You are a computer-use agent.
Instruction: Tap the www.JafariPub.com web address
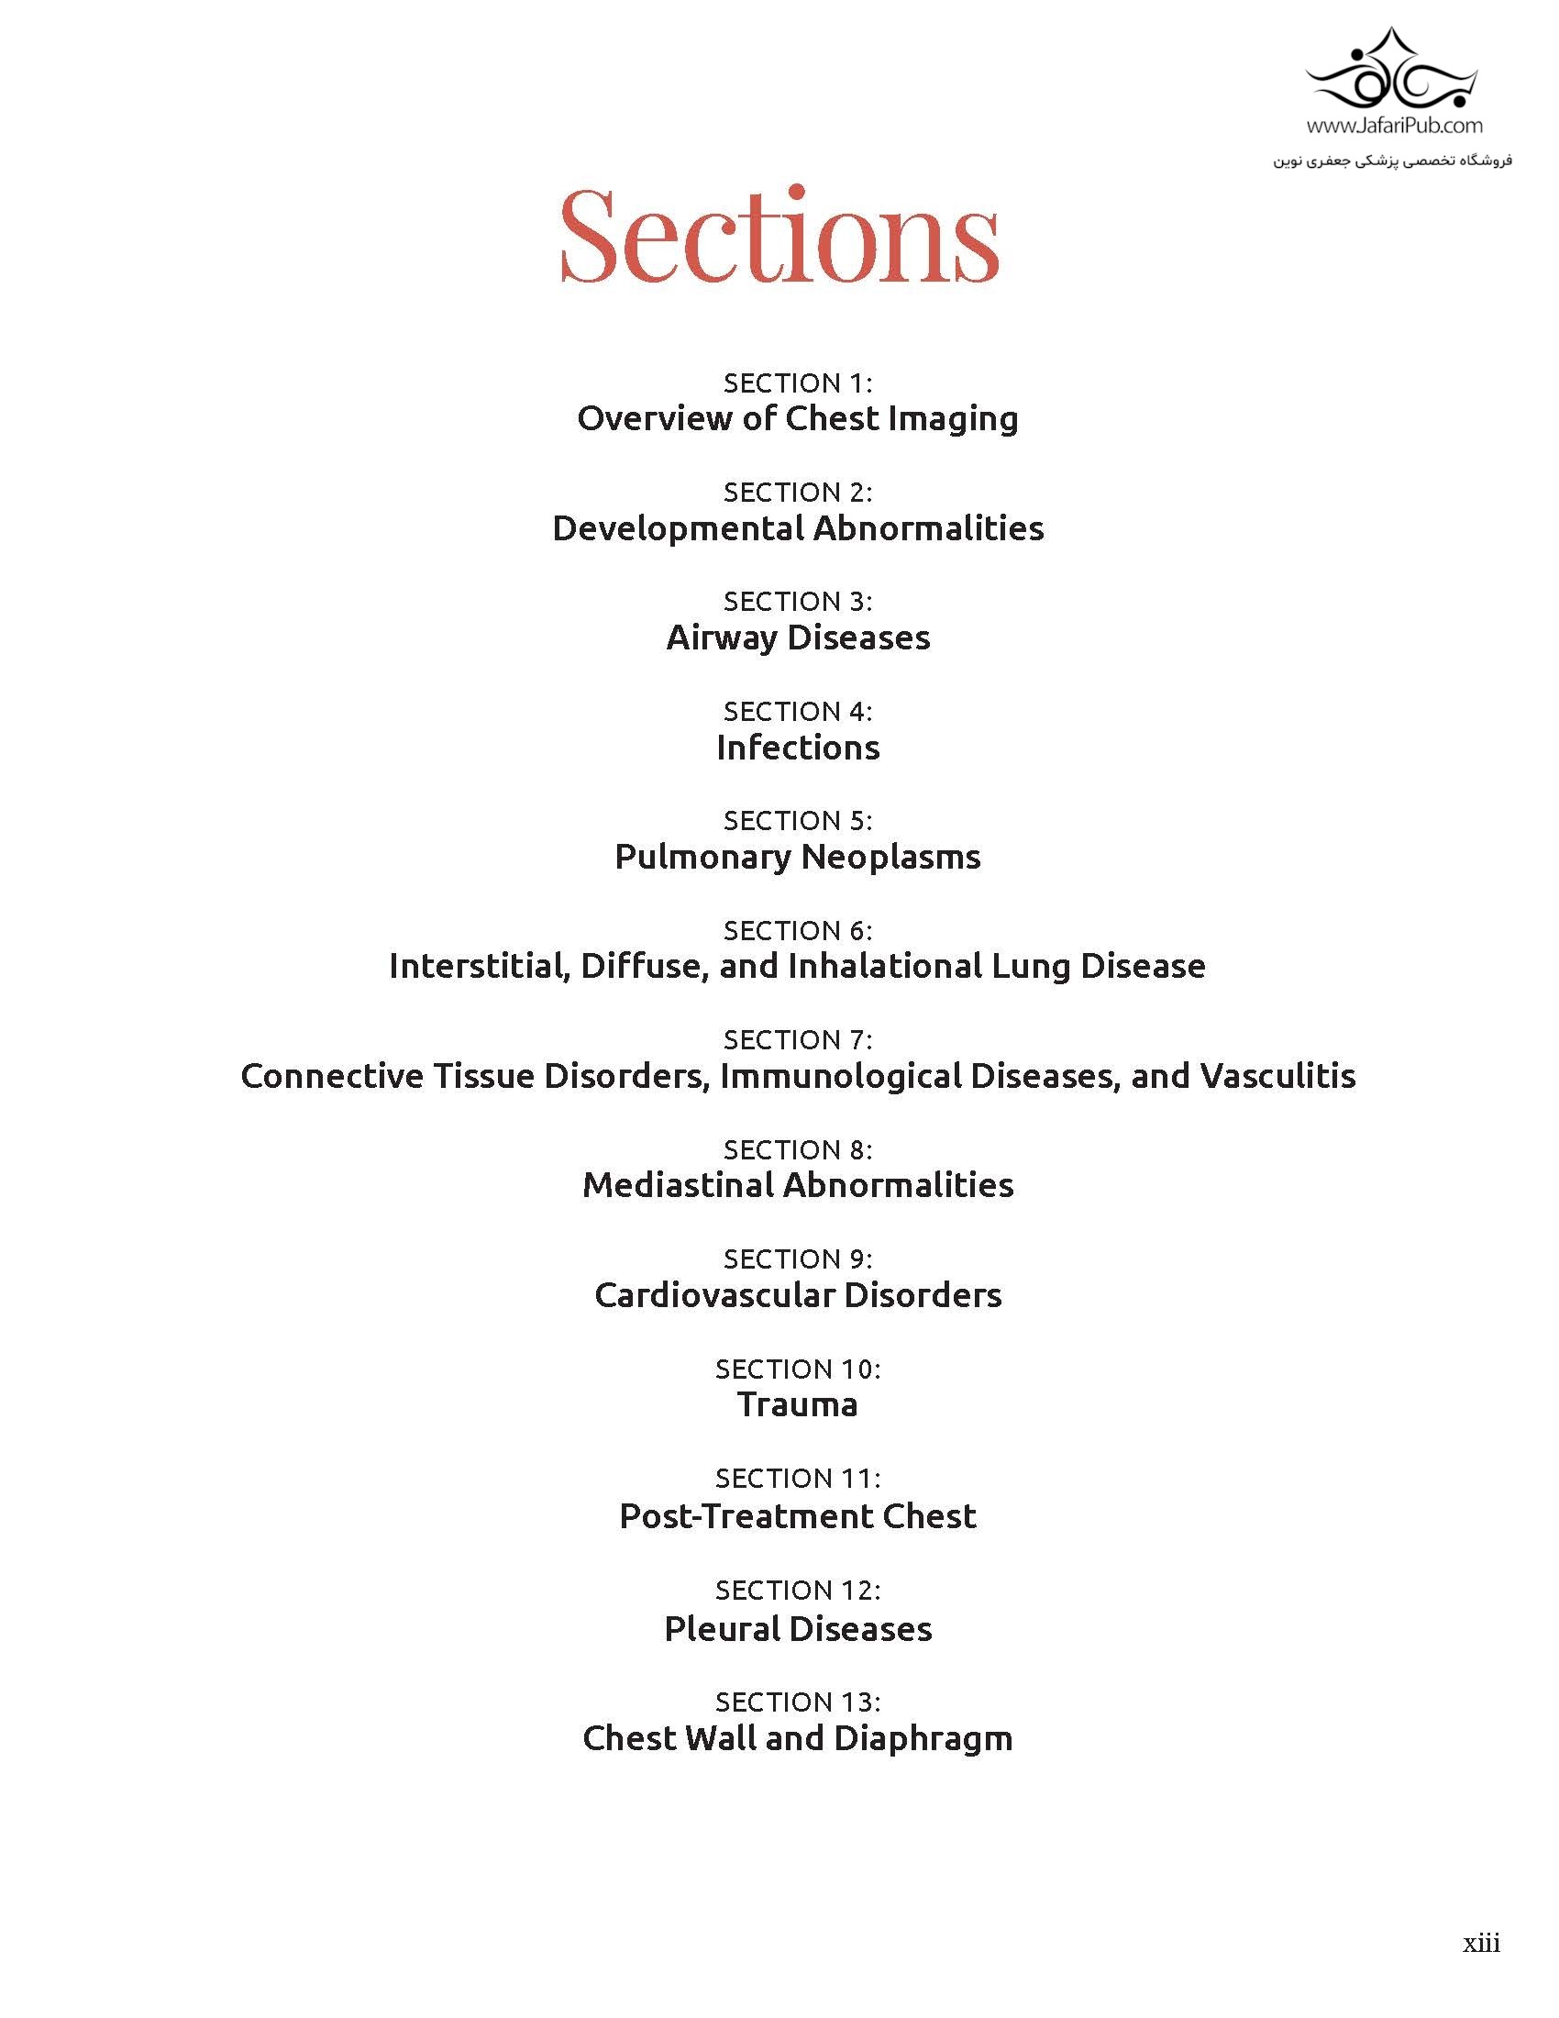click(x=1395, y=125)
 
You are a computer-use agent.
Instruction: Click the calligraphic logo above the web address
click(x=1392, y=72)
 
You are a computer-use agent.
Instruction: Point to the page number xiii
click(x=1480, y=1942)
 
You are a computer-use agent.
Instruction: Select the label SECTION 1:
click(x=798, y=383)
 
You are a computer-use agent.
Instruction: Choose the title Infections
click(x=798, y=748)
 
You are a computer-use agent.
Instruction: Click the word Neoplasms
click(x=890, y=857)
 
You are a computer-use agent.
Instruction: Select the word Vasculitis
click(x=1277, y=1076)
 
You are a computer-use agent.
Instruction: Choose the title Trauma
click(x=798, y=1404)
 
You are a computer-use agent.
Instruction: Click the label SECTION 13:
click(x=798, y=1702)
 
